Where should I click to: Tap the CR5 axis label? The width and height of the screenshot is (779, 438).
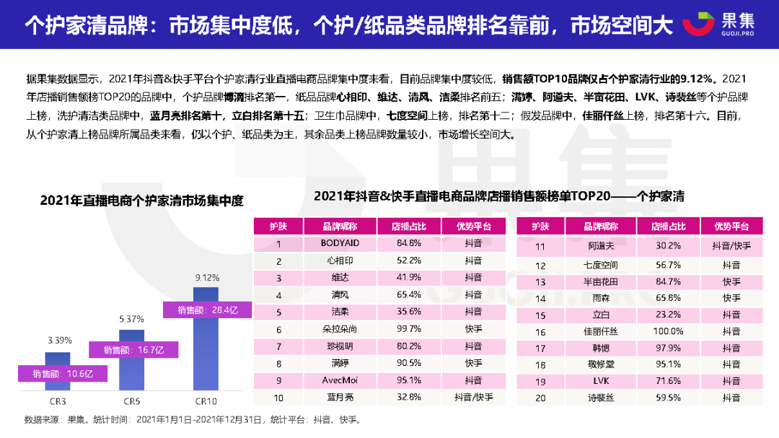tap(131, 400)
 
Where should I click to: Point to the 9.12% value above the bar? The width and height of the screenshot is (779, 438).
tap(207, 277)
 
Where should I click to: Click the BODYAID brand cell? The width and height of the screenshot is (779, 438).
tap(340, 243)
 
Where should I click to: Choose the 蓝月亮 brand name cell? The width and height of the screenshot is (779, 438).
tap(340, 397)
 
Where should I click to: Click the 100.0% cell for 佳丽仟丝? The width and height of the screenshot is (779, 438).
tap(666, 331)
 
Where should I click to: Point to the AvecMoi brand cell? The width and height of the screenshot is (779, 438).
tap(340, 380)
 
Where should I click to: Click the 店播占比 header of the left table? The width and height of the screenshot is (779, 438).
tap(409, 226)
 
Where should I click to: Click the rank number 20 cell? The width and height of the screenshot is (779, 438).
tap(539, 397)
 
